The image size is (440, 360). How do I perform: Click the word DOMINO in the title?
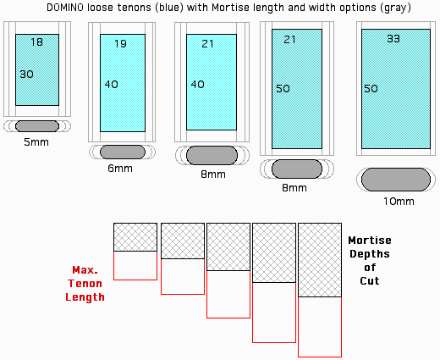click(65, 8)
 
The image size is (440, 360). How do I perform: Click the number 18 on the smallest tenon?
click(37, 42)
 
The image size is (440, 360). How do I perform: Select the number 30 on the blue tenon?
click(27, 75)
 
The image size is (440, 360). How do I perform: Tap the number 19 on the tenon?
click(120, 44)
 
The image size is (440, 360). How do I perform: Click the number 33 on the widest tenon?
click(393, 38)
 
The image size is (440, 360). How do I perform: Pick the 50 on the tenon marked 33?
click(371, 89)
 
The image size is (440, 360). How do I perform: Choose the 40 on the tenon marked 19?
click(112, 84)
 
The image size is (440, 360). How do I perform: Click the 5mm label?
click(36, 142)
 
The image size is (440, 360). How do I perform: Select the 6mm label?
click(120, 169)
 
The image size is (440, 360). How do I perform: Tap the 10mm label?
click(399, 202)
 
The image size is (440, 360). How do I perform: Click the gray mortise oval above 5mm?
click(37, 126)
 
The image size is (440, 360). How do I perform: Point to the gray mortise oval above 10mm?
click(396, 180)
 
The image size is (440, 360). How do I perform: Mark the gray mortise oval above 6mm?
click(123, 152)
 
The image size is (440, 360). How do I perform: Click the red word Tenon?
click(85, 284)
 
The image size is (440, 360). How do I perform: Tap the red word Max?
click(85, 270)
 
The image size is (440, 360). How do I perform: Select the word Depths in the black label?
click(370, 254)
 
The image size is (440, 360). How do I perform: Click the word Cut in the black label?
click(370, 281)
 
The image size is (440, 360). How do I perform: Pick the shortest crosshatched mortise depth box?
click(135, 237)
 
